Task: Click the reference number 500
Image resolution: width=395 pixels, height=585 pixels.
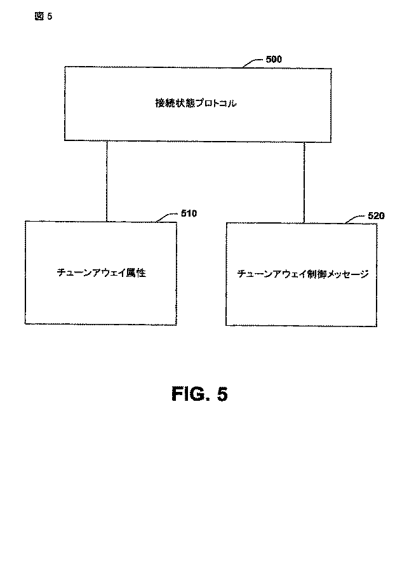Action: (273, 59)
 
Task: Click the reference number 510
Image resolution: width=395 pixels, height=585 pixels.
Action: (188, 213)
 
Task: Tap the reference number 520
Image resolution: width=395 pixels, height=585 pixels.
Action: (376, 216)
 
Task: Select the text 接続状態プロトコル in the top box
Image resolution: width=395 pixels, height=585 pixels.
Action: (195, 103)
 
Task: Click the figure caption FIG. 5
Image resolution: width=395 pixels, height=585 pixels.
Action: (199, 394)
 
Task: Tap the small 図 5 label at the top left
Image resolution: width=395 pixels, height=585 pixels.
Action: (43, 17)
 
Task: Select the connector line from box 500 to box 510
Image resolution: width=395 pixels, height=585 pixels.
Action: (107, 180)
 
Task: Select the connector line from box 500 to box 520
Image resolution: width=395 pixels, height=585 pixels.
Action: (304, 181)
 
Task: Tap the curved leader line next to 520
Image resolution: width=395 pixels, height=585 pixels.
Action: (355, 220)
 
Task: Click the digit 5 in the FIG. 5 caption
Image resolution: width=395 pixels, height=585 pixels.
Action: (222, 394)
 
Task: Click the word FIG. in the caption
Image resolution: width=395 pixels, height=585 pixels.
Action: (189, 394)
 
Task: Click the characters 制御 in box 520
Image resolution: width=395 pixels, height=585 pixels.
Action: (316, 274)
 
